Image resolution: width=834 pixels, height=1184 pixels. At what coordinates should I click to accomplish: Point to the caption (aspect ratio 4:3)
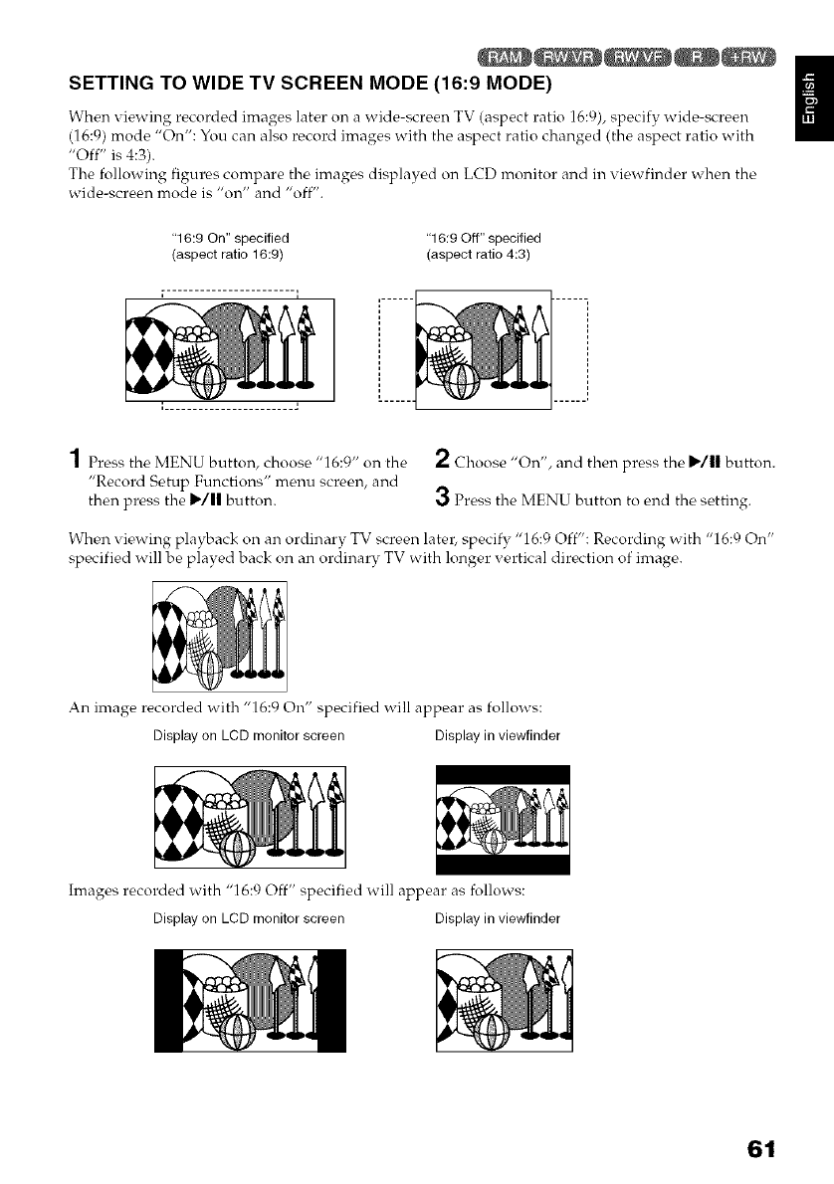pyautogui.click(x=477, y=255)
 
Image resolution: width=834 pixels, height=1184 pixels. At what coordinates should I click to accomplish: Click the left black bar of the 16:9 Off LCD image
pyautogui.click(x=163, y=999)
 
